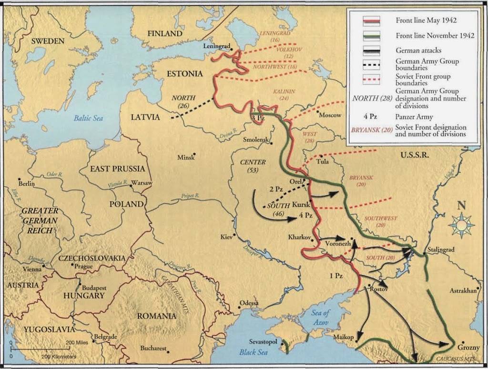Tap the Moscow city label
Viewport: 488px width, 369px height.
click(x=330, y=115)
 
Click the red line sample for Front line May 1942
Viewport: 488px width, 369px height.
click(x=370, y=21)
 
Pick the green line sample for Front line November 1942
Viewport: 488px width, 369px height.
click(x=370, y=35)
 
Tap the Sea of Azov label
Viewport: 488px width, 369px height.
click(x=320, y=317)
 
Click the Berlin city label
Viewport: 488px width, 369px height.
click(x=27, y=184)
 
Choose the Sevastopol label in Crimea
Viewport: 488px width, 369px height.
click(x=264, y=342)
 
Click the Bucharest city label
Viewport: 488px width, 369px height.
click(x=153, y=349)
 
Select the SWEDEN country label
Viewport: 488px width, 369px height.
click(x=48, y=41)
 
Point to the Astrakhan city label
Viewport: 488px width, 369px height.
click(x=463, y=290)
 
